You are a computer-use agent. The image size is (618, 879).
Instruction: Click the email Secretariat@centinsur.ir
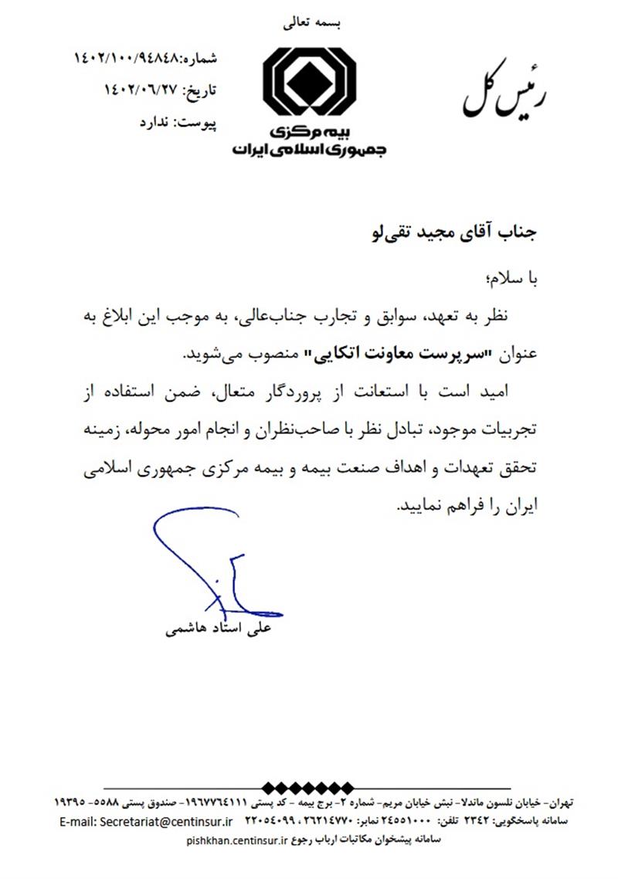pos(148,820)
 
